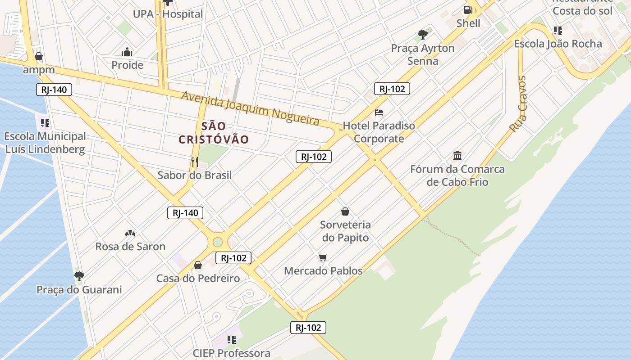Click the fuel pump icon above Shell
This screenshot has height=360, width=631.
coord(468,9)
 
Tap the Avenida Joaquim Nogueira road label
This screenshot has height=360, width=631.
coord(250,108)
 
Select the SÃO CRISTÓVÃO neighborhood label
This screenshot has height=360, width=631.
coord(214,133)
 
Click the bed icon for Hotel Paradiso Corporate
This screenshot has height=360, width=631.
coord(379,112)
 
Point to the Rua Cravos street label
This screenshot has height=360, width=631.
coord(518,104)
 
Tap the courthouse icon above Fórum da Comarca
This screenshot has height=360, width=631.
coord(457,156)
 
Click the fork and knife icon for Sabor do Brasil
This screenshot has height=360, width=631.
coord(195,162)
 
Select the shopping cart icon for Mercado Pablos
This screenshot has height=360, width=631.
coord(323,257)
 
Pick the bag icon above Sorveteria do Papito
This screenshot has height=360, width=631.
coord(345,211)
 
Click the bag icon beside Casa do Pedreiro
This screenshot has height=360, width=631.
coord(197,265)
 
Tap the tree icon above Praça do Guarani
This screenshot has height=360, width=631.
coord(79,276)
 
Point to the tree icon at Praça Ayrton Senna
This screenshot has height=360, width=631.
coord(422,34)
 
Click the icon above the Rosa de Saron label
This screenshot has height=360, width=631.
coord(130,233)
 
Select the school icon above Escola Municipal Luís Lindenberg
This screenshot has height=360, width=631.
coord(45,122)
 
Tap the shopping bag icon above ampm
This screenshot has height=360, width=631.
coord(39,56)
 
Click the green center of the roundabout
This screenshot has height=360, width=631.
coord(218,242)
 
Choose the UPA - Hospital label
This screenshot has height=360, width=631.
coord(168,14)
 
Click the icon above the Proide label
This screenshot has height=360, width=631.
coord(127,51)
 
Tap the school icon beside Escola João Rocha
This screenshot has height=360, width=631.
coord(558,31)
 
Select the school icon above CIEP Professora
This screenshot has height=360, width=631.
coord(232,339)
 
